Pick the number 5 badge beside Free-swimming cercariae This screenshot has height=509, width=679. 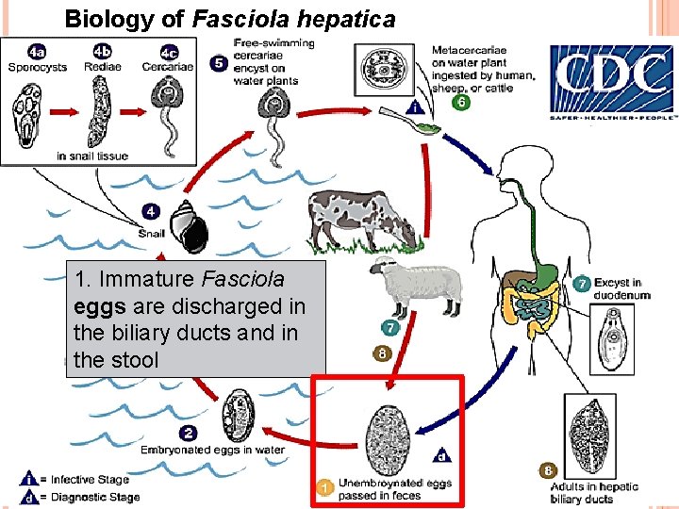point(217,64)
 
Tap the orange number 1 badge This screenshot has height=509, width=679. point(323,487)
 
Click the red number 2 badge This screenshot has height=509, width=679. point(189,433)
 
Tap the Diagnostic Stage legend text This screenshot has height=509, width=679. point(94,497)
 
